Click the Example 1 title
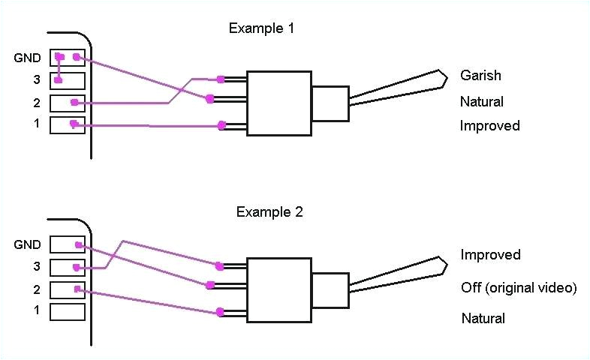click(261, 29)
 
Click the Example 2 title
click(269, 211)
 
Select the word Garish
click(480, 76)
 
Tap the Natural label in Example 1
click(481, 101)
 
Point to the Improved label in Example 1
click(489, 125)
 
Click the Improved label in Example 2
click(490, 255)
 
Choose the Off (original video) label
click(518, 288)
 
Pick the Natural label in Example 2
click(483, 319)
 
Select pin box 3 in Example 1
click(68, 79)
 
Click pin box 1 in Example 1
click(68, 124)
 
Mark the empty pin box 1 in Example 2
click(68, 310)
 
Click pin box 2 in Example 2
click(68, 289)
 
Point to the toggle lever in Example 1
click(398, 88)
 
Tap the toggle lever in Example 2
click(398, 275)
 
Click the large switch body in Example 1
click(279, 103)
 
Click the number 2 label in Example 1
click(35, 102)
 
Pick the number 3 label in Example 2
click(35, 266)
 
